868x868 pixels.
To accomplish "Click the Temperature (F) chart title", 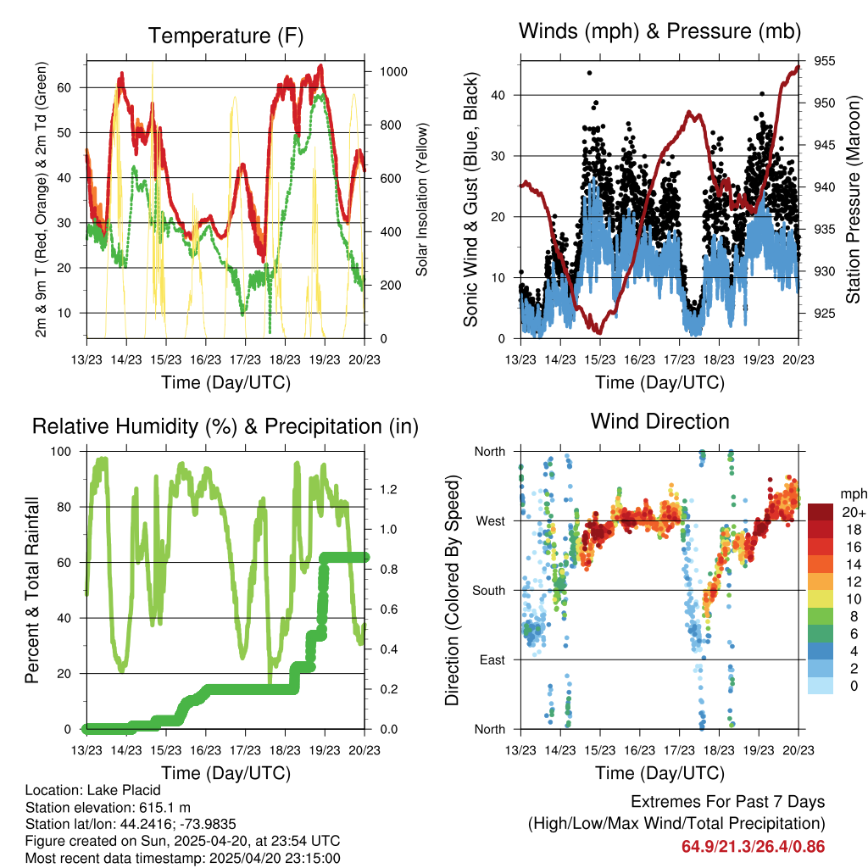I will [225, 36].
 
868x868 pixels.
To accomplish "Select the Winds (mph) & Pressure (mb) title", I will [660, 32].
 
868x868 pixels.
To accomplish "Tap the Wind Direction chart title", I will [659, 420].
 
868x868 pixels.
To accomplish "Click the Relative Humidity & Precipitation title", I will [225, 426].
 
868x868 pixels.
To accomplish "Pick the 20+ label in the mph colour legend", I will [853, 513].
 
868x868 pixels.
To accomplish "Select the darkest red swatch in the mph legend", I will [821, 513].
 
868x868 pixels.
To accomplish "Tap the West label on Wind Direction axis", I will [491, 520].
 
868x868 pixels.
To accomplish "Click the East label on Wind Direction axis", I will [492, 659].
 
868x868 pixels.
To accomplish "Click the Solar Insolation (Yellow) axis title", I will [421, 199].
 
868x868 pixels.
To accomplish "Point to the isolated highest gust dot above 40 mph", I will [589, 73].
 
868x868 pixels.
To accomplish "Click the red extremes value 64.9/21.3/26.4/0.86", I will [753, 846].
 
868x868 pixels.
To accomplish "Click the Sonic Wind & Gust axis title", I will [470, 199].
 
